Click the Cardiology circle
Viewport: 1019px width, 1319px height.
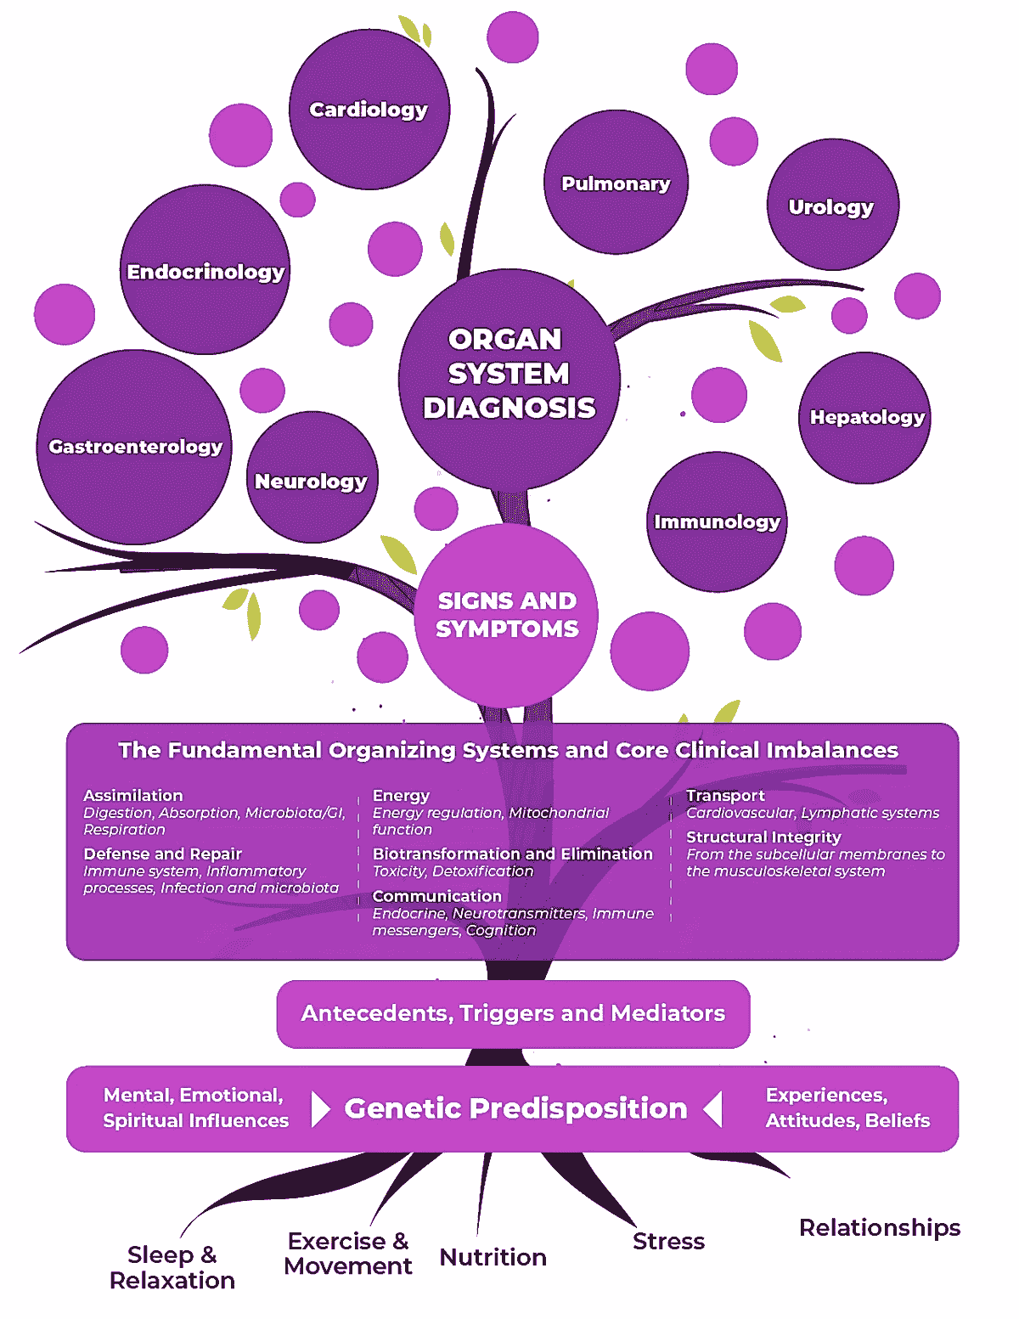(369, 110)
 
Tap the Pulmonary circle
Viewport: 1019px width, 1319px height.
(616, 182)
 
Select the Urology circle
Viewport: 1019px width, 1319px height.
(833, 205)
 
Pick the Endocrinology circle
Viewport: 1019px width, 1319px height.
(205, 269)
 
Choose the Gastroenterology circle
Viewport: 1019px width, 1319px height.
(134, 447)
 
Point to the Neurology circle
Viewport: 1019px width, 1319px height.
(312, 477)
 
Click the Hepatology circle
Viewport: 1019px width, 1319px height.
(864, 418)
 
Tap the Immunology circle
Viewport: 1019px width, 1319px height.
(717, 522)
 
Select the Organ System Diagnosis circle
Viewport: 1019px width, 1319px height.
(509, 380)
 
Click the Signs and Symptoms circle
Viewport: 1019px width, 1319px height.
(506, 616)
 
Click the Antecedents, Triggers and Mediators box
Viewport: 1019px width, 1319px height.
(514, 1014)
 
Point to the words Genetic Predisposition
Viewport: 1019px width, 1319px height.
(515, 1108)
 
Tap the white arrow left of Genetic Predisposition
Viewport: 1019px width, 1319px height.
(320, 1109)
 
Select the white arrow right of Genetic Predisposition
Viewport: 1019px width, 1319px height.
(712, 1109)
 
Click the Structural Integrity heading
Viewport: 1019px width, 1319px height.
(763, 837)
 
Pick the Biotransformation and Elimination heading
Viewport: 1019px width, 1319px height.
(513, 854)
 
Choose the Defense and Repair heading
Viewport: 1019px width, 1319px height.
(163, 854)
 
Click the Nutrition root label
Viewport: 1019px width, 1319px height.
(493, 1257)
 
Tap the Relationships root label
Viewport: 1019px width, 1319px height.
(880, 1228)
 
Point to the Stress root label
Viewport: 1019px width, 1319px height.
(669, 1242)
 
